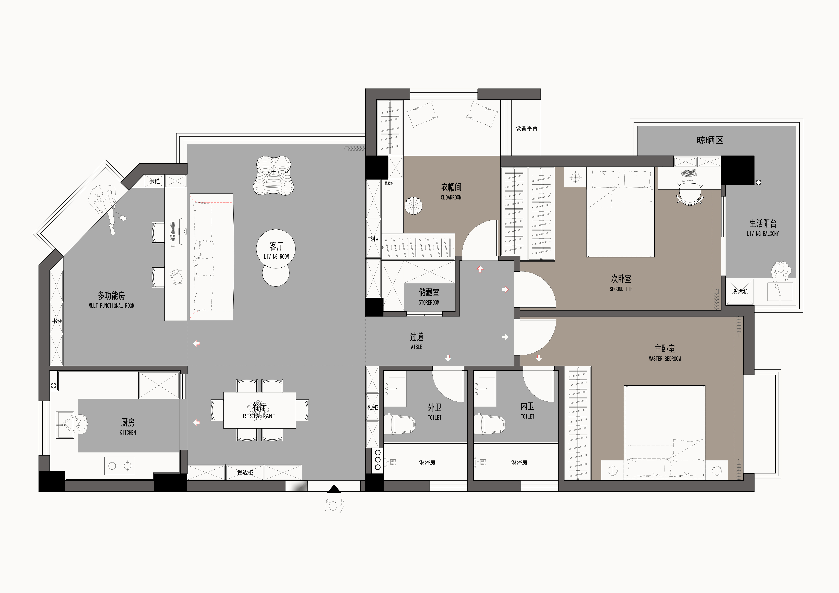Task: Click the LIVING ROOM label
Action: point(276,256)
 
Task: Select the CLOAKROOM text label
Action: point(451,197)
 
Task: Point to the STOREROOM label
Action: point(429,303)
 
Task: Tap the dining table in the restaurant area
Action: point(259,410)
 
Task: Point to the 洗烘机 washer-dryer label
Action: point(740,292)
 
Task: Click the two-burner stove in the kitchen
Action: point(120,466)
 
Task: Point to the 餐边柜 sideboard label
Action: point(245,472)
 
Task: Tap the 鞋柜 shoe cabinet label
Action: point(372,407)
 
